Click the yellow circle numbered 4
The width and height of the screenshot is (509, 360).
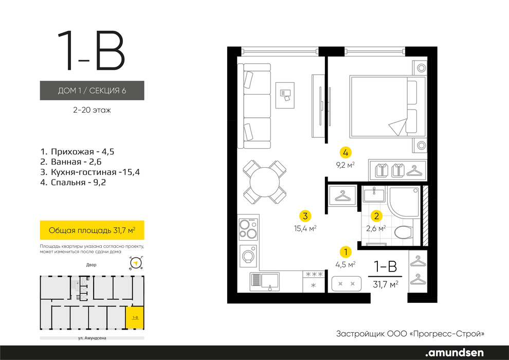(346, 152)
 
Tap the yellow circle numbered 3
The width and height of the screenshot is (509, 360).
(305, 216)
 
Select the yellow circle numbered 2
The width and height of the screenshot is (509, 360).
(376, 216)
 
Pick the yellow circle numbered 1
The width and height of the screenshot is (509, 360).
(346, 252)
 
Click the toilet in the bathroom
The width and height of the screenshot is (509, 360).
(404, 232)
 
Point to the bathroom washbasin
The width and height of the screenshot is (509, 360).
(374, 195)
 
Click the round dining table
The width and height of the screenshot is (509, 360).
(265, 182)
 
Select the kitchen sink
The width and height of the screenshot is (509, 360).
(265, 281)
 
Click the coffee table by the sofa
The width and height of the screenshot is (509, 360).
(285, 95)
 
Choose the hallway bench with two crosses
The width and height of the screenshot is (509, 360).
(347, 284)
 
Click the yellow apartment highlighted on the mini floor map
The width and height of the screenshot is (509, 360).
(135, 317)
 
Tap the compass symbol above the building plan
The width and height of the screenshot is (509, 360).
(136, 263)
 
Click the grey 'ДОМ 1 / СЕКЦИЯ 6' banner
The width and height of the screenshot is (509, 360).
(92, 90)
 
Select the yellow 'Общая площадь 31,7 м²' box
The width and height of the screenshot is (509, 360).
(92, 230)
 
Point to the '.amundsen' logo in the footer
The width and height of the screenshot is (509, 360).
(455, 352)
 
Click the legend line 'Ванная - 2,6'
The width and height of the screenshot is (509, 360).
(71, 161)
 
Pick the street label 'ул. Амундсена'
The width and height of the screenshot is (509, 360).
(92, 338)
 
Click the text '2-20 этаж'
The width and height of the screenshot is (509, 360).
(92, 110)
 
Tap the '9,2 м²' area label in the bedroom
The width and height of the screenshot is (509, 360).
(345, 165)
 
